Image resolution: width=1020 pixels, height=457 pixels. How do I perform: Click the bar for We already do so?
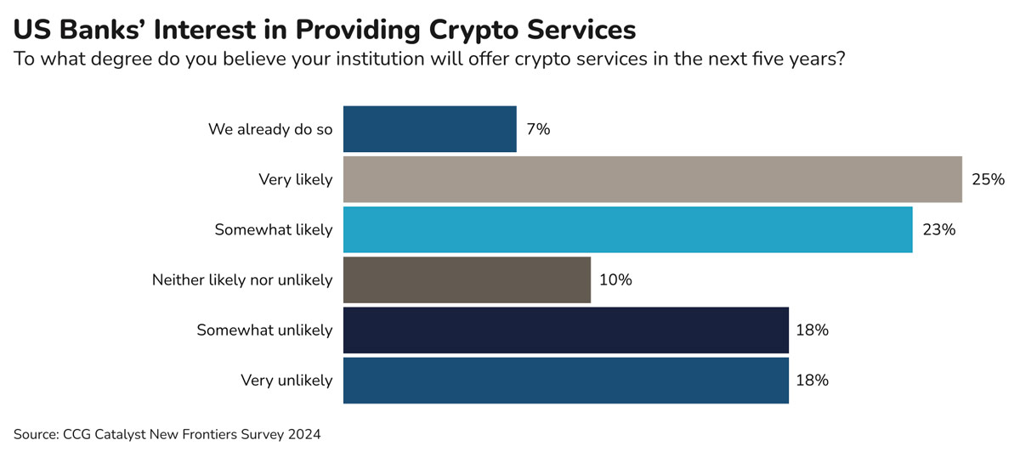tap(429, 129)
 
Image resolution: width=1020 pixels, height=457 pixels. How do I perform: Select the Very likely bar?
tap(652, 179)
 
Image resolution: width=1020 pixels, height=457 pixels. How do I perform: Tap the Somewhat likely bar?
tap(627, 229)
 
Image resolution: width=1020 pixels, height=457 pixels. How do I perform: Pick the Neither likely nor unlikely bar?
tap(467, 279)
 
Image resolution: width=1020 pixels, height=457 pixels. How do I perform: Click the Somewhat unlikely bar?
tap(565, 330)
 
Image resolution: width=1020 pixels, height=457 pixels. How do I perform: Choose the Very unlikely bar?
tap(565, 380)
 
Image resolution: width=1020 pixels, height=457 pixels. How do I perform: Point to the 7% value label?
tap(537, 129)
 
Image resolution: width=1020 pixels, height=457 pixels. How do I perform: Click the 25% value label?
tap(987, 179)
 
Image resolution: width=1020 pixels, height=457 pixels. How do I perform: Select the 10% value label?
tap(615, 279)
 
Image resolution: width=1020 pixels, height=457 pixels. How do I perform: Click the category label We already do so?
tap(270, 129)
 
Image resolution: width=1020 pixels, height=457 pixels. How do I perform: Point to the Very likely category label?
tap(295, 179)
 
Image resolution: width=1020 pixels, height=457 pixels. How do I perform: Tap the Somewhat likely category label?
tap(273, 229)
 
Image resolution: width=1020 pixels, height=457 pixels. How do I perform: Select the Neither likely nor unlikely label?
tap(241, 279)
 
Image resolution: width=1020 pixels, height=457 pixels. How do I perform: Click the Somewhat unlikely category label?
tap(264, 330)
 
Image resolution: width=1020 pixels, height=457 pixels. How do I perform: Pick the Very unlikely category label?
tap(286, 380)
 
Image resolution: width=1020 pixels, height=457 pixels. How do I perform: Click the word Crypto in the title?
tap(479, 29)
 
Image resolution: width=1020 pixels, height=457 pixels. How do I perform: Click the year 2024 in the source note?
tap(303, 435)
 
